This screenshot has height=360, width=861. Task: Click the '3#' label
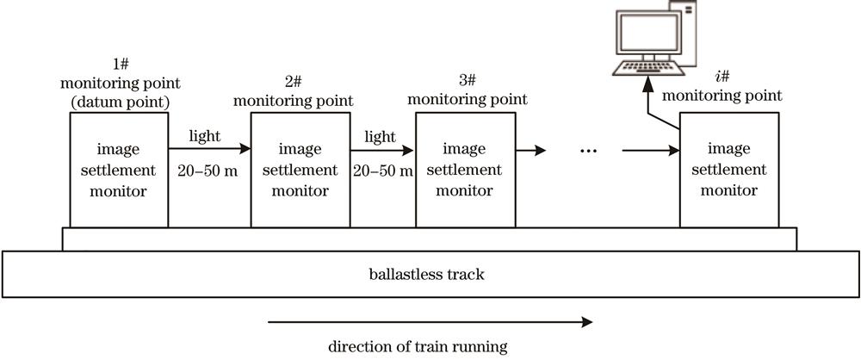[x=466, y=81]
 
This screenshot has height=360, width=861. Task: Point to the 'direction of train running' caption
[x=418, y=348]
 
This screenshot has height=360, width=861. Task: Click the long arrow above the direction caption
[x=430, y=322]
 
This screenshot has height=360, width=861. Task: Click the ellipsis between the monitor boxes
[x=589, y=152]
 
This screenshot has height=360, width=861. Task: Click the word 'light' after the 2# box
[x=380, y=137]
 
